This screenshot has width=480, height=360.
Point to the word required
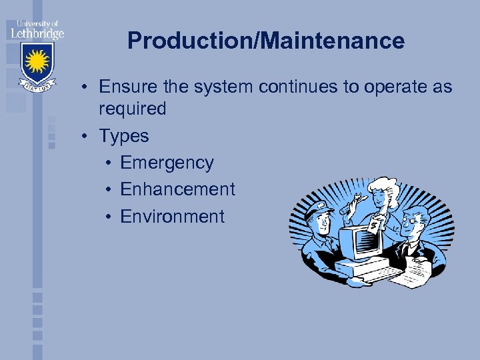(x=132, y=109)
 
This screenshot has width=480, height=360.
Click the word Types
(x=124, y=136)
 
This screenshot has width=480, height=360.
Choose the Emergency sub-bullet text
(x=167, y=163)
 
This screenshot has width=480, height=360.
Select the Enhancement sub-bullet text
(x=177, y=189)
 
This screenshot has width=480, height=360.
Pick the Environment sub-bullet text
(x=172, y=217)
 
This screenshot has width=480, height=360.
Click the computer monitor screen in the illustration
(x=360, y=242)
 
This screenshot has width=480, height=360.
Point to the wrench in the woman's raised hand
(x=353, y=203)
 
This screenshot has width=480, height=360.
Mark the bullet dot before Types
(x=87, y=136)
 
